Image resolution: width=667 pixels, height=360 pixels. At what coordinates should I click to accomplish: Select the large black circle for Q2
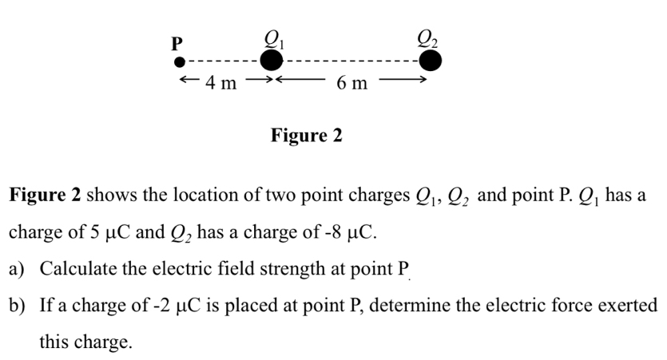431,61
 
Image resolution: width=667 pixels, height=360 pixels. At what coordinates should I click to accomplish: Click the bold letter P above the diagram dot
177,42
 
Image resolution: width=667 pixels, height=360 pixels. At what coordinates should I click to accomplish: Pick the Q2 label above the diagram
429,36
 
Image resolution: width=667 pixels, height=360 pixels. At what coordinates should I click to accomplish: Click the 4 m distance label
220,81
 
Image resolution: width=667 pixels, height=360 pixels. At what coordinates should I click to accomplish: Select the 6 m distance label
352,82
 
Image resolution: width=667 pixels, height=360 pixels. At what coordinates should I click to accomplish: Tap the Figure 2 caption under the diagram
306,136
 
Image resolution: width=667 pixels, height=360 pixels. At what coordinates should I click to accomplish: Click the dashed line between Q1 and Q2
351,61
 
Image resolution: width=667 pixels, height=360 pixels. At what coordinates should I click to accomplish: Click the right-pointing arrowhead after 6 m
417,81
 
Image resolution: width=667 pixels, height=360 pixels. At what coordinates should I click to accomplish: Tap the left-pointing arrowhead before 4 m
185,81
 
